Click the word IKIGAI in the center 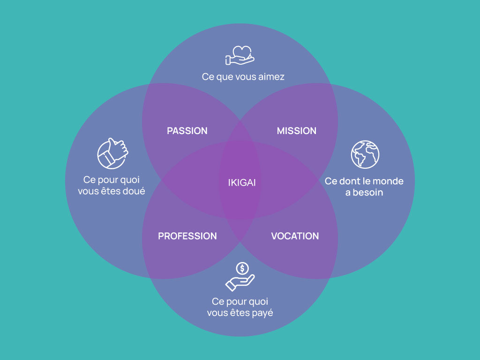242,183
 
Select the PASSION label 187,131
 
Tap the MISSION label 296,131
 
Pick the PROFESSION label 187,236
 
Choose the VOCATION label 295,236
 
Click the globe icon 365,155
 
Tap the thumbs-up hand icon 112,153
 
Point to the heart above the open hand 242,51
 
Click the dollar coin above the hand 242,269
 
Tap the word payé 261,313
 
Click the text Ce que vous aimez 243,76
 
